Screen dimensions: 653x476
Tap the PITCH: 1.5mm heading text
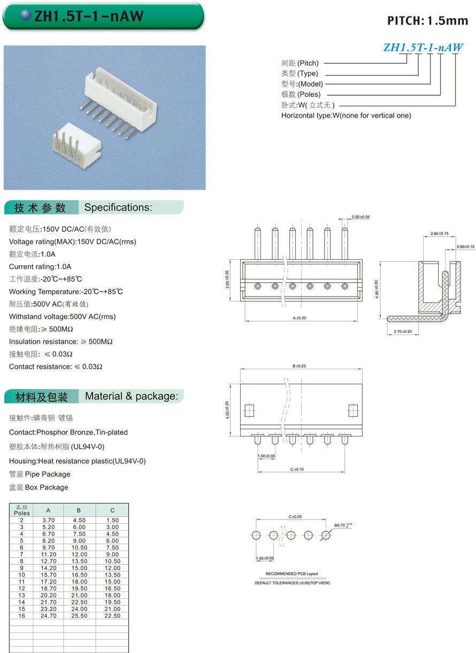(427, 21)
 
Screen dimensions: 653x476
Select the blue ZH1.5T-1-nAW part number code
(423, 48)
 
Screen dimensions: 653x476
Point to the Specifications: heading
(118, 207)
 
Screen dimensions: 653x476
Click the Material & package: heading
(131, 396)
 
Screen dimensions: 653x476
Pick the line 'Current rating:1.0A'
(40, 267)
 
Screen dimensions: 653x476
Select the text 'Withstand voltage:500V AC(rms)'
(62, 316)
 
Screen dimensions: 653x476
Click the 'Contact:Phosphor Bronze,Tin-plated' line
(68, 432)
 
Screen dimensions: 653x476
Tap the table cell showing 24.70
(48, 616)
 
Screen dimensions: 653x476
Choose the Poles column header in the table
(22, 510)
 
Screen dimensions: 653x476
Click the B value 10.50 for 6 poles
(79, 548)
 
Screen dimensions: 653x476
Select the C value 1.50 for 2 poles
(112, 520)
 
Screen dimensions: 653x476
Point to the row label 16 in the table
(22, 616)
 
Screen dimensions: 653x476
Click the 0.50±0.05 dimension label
(360, 217)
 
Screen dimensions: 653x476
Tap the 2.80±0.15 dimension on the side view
(440, 234)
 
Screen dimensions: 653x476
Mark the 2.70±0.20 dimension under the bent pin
(402, 332)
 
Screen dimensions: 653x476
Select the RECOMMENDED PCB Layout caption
(291, 573)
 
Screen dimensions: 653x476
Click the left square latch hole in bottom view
(249, 410)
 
